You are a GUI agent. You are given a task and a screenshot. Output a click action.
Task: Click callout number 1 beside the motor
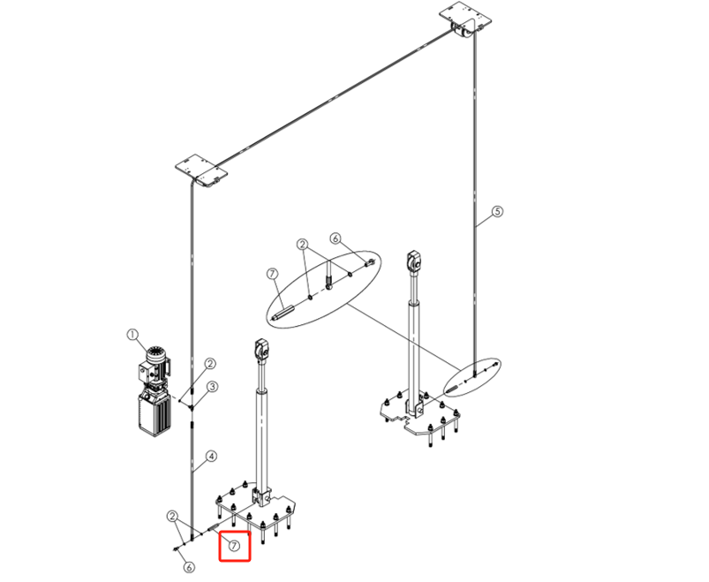tap(132, 335)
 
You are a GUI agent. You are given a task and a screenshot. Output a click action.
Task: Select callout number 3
tap(213, 387)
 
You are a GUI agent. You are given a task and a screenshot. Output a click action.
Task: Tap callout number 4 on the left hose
tap(212, 457)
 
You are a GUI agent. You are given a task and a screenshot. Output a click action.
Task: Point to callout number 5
tap(497, 211)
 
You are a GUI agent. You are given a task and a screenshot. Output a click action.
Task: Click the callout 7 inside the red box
tap(234, 546)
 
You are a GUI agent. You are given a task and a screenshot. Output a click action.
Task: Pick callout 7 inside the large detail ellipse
tap(272, 274)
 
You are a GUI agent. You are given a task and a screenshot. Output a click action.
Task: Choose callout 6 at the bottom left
tap(189, 567)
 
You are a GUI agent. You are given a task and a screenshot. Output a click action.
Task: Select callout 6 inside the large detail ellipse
tap(335, 238)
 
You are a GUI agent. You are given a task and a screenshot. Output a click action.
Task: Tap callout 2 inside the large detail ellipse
tap(303, 245)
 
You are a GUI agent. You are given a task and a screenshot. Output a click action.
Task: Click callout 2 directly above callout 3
tap(210, 363)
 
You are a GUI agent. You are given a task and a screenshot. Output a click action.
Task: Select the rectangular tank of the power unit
tap(155, 412)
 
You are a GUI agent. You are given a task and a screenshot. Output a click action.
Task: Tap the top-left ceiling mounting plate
tap(201, 171)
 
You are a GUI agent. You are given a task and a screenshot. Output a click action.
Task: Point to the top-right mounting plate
tap(465, 17)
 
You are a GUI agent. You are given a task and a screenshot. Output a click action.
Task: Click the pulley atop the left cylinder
tap(262, 351)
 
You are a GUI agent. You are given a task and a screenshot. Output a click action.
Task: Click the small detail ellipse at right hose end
tap(472, 377)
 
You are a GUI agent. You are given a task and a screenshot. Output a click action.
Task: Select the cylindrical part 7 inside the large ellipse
tap(283, 314)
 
